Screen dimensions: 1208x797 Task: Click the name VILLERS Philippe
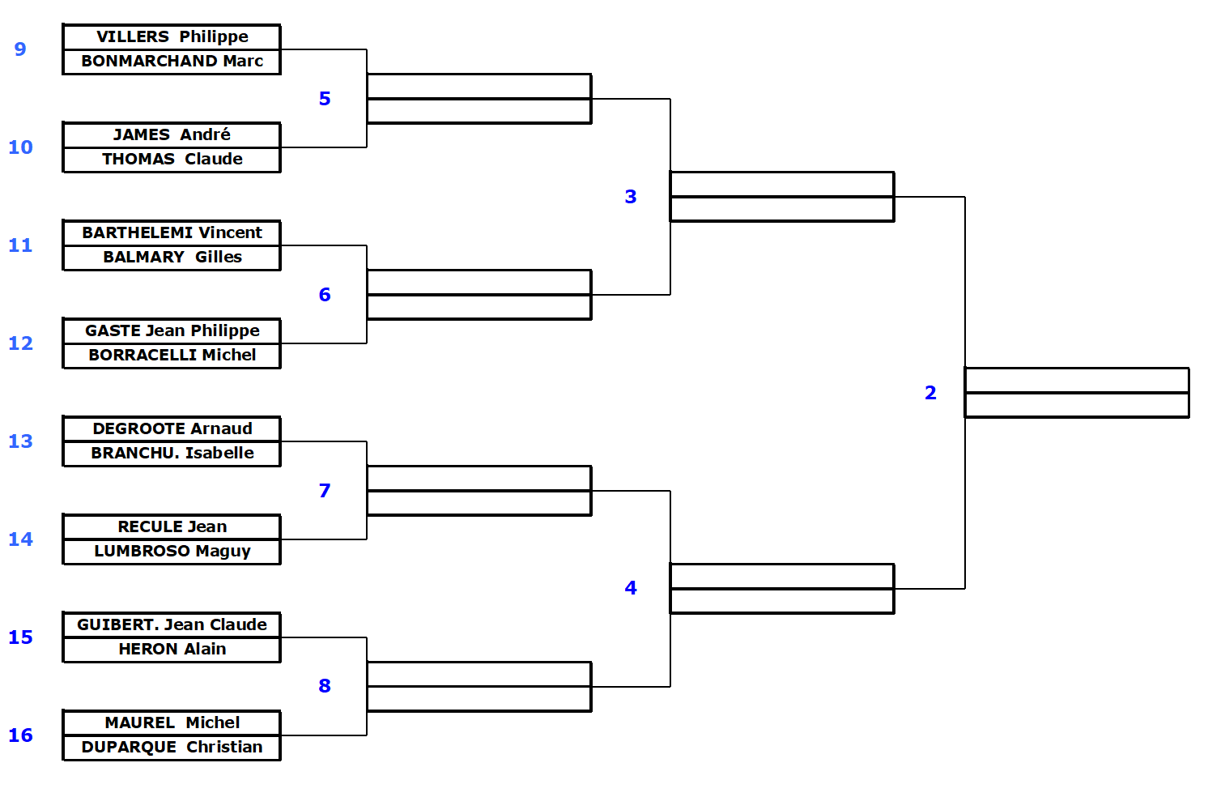(x=172, y=37)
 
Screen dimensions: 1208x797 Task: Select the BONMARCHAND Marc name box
(x=172, y=62)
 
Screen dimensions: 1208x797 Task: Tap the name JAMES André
(x=172, y=135)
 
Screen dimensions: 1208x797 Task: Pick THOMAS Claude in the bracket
(x=172, y=160)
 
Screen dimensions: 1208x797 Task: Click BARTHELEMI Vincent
(x=172, y=233)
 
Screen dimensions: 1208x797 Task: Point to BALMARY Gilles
(x=172, y=258)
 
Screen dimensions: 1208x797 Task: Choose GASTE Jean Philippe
(x=172, y=331)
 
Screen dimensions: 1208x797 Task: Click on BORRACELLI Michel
(x=172, y=356)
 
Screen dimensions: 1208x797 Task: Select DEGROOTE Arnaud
(x=172, y=429)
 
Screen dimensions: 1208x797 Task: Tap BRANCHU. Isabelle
(x=172, y=454)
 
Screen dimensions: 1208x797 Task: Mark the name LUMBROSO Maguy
(x=172, y=552)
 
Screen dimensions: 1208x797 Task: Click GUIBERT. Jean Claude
(x=172, y=625)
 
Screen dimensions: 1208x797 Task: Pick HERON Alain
(x=172, y=650)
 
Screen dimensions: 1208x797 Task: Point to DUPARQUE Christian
(x=172, y=748)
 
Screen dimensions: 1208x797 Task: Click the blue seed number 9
(x=20, y=49)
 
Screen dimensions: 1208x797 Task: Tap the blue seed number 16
(x=20, y=735)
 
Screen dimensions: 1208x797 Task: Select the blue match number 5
(x=325, y=99)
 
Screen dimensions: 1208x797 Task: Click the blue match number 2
(x=930, y=393)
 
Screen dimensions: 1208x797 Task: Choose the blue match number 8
(x=325, y=686)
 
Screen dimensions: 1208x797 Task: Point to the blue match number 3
(x=631, y=197)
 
